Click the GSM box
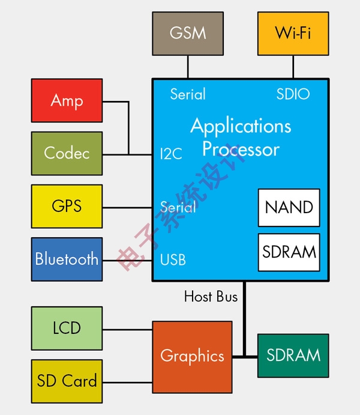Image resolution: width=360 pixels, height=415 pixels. tap(188, 34)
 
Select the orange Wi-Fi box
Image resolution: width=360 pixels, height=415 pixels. tap(293, 34)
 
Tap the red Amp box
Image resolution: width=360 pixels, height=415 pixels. tap(67, 100)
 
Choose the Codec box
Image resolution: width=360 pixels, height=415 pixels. tap(67, 153)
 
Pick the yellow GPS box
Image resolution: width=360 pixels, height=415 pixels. tap(67, 206)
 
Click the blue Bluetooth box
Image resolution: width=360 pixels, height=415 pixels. tap(67, 259)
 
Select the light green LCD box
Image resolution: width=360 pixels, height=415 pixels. tap(67, 328)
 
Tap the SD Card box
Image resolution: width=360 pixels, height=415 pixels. tap(67, 381)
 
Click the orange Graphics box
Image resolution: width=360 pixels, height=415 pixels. tap(192, 356)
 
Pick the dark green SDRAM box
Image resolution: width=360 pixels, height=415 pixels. tap(293, 356)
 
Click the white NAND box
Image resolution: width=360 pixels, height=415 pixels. tap(289, 208)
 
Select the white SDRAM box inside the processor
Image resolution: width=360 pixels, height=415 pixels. tap(289, 252)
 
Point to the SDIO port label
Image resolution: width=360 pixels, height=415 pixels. tap(293, 94)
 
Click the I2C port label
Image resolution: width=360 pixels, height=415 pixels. tap(171, 154)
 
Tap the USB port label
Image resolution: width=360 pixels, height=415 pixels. tap(173, 261)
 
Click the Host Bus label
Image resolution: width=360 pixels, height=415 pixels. tap(211, 297)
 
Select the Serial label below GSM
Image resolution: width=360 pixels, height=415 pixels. tap(188, 94)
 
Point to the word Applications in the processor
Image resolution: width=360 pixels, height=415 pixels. tap(241, 126)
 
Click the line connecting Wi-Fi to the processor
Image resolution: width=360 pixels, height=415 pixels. tap(293, 67)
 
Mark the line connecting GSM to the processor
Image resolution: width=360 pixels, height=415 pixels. tap(188, 67)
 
